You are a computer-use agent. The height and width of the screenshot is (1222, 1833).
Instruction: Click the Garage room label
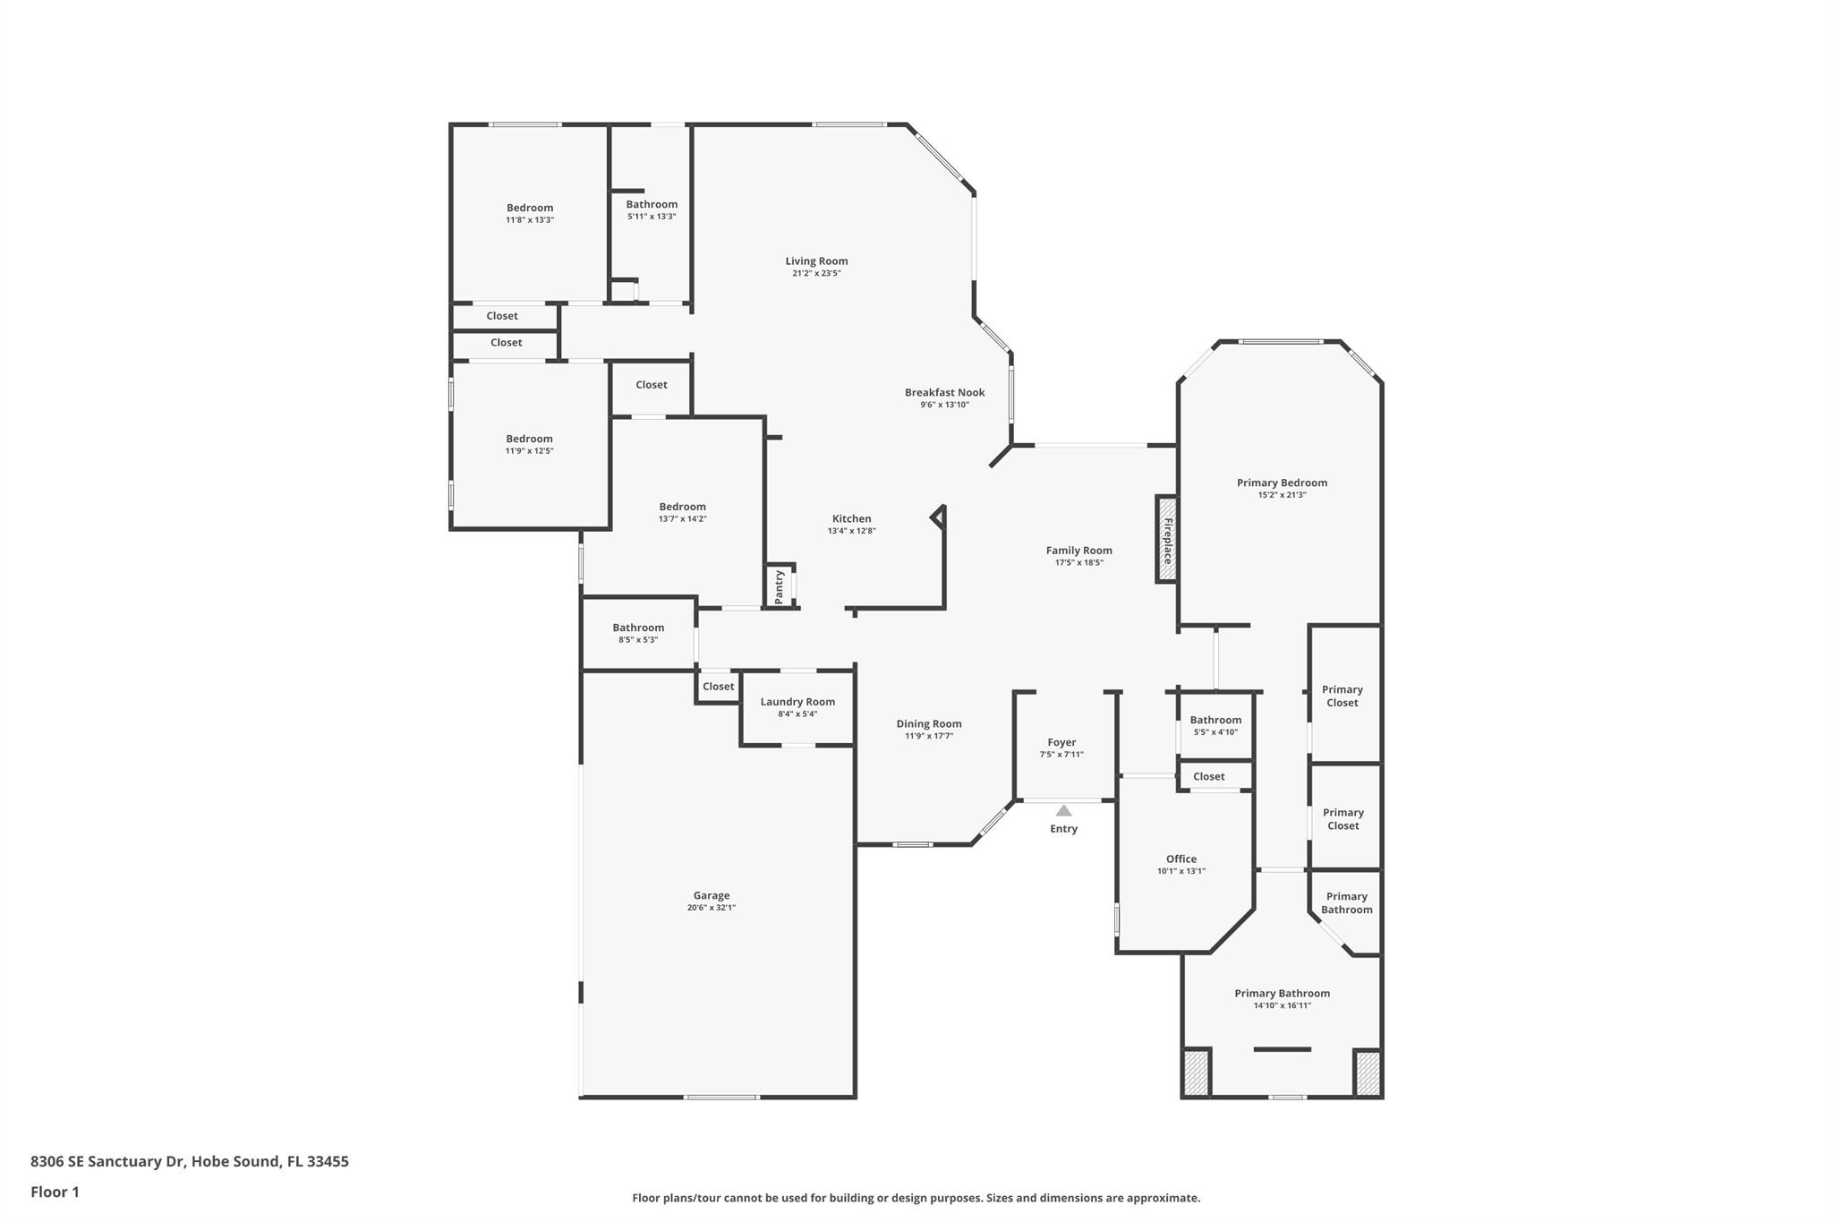coord(712,895)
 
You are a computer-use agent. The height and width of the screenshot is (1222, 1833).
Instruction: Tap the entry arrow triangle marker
coord(1063,811)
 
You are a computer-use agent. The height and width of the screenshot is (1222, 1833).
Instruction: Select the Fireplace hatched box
coord(1167,540)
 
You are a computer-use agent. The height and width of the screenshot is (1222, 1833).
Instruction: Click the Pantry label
coord(779,586)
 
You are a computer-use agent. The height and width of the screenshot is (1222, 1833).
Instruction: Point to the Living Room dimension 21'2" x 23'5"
coord(816,273)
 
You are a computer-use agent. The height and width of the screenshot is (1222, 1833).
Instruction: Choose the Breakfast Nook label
coord(944,392)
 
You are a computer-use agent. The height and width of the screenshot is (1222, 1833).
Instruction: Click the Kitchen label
coord(851,518)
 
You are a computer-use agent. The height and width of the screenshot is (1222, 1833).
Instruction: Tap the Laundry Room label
coord(797,702)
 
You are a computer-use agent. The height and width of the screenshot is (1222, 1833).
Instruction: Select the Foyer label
coord(1061,742)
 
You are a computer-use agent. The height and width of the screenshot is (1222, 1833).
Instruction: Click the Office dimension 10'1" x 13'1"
coord(1181,871)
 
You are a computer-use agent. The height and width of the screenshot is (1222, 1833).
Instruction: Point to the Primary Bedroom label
coord(1282,483)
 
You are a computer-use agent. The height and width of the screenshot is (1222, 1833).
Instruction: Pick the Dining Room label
coord(929,723)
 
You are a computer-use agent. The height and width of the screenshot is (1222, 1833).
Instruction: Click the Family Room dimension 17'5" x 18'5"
coord(1079,563)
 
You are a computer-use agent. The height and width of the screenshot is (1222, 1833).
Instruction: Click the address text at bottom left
coord(190,1161)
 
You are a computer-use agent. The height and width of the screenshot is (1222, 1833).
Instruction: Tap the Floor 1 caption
coord(55,1192)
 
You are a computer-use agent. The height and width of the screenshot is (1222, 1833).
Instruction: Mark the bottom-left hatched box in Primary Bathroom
coord(1197,1072)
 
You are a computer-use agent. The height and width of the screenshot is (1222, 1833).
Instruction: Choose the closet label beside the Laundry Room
coord(718,687)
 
